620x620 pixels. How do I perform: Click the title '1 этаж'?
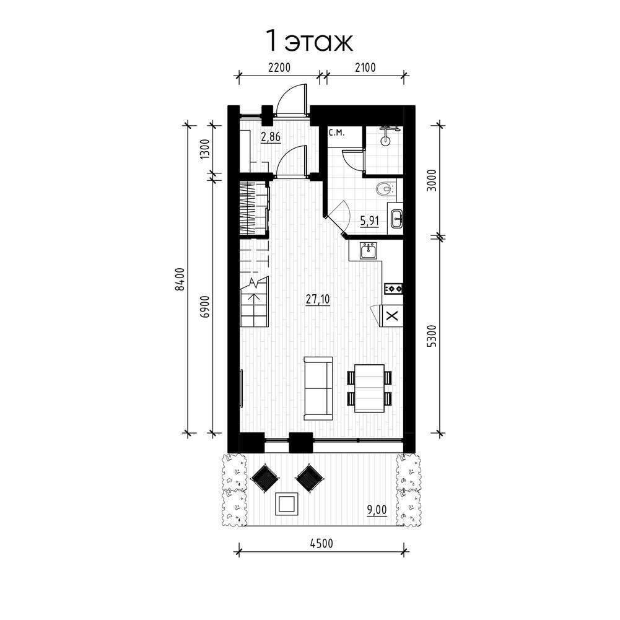click(310, 41)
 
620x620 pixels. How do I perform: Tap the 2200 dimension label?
click(279, 68)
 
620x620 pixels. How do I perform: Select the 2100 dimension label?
click(365, 68)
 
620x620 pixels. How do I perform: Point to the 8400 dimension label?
click(180, 279)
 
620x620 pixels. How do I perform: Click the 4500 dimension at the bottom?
click(321, 543)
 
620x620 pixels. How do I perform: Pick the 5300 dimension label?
click(433, 336)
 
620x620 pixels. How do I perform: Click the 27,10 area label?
click(318, 299)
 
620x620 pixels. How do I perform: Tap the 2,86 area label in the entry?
click(271, 137)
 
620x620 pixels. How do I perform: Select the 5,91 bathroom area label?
click(369, 221)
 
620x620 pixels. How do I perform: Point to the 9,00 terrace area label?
click(377, 510)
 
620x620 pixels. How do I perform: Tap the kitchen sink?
click(369, 251)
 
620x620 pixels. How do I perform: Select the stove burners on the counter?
click(393, 289)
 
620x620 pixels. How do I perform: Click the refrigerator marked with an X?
click(391, 316)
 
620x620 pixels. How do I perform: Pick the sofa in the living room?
click(318, 388)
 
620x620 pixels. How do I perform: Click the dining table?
click(369, 388)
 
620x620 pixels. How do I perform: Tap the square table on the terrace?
click(286, 504)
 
